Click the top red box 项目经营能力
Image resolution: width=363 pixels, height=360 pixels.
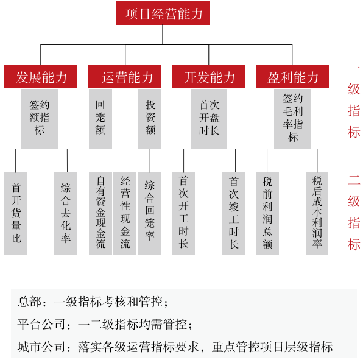(163, 13)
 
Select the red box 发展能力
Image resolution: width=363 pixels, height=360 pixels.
(41, 76)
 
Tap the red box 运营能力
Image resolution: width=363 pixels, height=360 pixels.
(125, 76)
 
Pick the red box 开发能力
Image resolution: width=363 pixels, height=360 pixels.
(209, 76)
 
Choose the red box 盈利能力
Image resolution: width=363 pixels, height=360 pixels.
(292, 76)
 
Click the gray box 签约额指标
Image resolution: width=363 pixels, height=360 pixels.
(40, 119)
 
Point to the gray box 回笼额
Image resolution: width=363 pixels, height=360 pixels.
(100, 119)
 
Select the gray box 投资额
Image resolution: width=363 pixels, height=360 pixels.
(150, 119)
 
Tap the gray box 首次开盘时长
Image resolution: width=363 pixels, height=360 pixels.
(209, 119)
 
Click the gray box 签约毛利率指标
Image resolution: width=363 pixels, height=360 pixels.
(292, 119)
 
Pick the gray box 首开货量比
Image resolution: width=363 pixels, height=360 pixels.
(15, 213)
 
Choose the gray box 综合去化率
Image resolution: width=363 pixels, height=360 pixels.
(66, 213)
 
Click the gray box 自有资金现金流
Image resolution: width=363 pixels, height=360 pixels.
(100, 213)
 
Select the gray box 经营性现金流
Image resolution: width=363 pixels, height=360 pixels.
(125, 213)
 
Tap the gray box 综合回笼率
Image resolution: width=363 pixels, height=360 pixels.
(150, 213)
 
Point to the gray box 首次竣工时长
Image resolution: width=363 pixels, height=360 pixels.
(234, 213)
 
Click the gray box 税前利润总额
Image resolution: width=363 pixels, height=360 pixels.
(267, 213)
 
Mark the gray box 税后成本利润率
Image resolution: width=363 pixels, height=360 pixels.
(317, 213)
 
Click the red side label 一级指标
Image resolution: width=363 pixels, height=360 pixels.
(354, 102)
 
